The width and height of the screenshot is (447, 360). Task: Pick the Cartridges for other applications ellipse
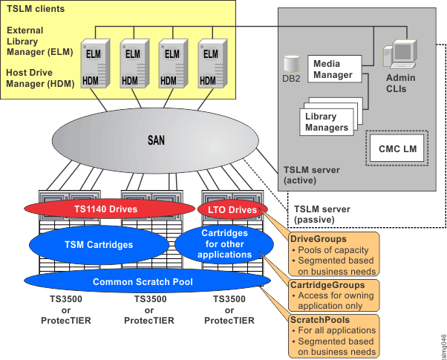tap(225, 245)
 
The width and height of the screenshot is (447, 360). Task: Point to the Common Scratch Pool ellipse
tap(143, 282)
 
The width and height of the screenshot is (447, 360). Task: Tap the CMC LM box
tap(397, 148)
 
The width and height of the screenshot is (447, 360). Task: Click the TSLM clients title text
tap(35, 9)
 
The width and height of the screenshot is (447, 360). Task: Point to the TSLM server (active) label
tap(312, 175)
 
